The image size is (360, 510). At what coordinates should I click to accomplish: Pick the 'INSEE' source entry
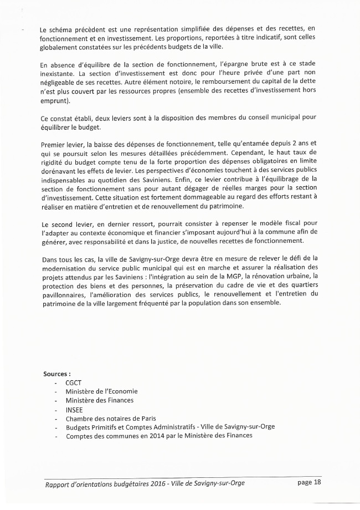click(75, 409)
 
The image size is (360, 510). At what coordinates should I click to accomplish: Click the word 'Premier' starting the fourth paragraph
click(54, 144)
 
